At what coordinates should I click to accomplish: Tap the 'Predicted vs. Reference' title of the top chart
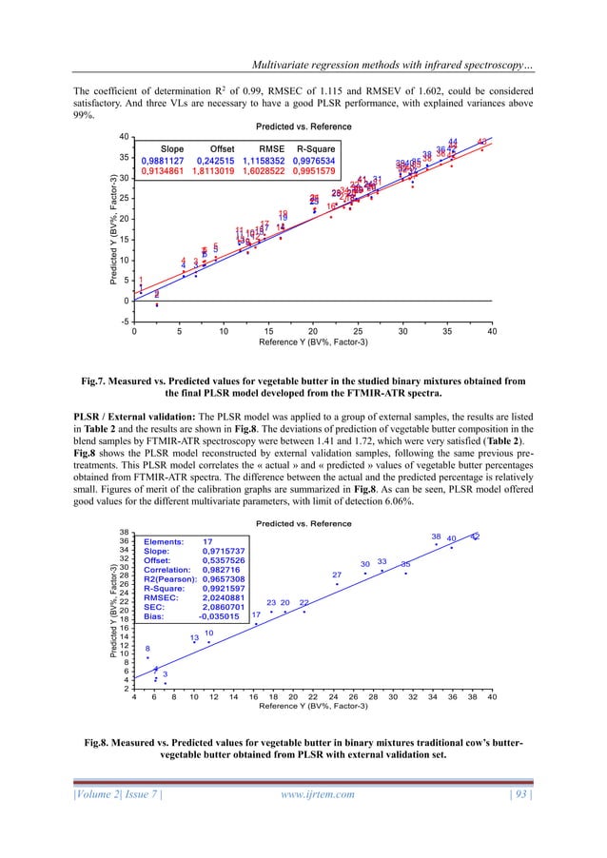tap(303, 127)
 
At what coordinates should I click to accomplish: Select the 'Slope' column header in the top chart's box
tap(172, 149)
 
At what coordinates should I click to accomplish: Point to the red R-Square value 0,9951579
tap(310, 173)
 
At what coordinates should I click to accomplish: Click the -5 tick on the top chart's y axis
tap(125, 322)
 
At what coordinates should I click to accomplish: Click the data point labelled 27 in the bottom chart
tap(337, 585)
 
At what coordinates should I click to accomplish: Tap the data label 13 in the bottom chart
tap(194, 638)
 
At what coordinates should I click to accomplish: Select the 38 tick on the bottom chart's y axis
tap(124, 532)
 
